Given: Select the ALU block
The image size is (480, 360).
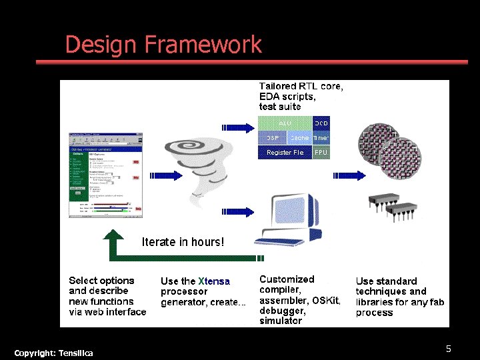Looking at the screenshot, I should coord(285,123).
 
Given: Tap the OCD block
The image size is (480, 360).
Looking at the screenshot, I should coord(321,123).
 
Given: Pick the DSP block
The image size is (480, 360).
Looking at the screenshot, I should coord(272,137).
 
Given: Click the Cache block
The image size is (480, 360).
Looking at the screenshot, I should coord(299,137).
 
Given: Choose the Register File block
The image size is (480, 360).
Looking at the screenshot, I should coord(285,153).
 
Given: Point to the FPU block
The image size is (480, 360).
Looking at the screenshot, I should coord(321,153).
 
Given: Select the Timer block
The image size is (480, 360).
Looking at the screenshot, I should coord(321,137).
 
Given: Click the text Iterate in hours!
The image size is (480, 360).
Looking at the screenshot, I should coord(183,242).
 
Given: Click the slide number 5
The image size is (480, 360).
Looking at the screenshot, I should coord(449,349).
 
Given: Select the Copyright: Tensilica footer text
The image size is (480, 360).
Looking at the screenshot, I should coord(53,352).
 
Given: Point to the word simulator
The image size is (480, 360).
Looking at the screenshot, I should coord(280,321).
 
